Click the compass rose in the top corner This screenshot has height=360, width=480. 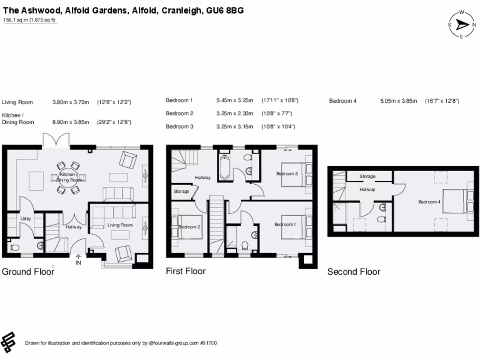click(x=462, y=25)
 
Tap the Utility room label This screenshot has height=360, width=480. click(x=25, y=219)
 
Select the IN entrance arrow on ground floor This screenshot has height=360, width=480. click(x=78, y=259)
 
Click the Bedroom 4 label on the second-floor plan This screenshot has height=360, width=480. click(x=429, y=202)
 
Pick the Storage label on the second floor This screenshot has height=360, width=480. click(x=367, y=176)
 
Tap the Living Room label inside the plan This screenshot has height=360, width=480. click(x=120, y=225)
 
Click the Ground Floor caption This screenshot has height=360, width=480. click(x=28, y=272)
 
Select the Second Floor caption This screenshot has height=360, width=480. click(x=353, y=272)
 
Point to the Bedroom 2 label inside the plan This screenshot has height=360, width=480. click(x=189, y=227)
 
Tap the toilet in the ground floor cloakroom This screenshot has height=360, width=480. click(x=14, y=247)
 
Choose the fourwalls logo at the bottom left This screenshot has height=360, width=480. click(x=8, y=342)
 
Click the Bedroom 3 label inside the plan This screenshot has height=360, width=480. click(x=287, y=174)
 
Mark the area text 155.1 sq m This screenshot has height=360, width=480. click(x=16, y=20)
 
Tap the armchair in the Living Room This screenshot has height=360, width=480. click(x=124, y=253)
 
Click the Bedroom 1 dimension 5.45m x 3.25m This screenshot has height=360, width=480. click(x=234, y=100)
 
